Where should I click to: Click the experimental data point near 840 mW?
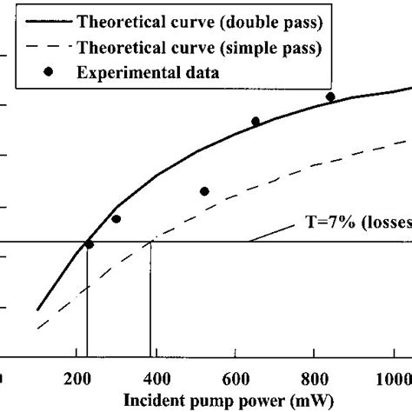click(x=330, y=96)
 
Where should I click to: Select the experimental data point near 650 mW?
click(x=256, y=122)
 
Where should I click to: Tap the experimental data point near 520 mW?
click(x=204, y=191)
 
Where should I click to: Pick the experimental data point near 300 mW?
click(x=116, y=219)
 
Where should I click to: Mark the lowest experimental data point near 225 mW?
click(x=89, y=245)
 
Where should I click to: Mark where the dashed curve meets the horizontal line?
click(x=150, y=242)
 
